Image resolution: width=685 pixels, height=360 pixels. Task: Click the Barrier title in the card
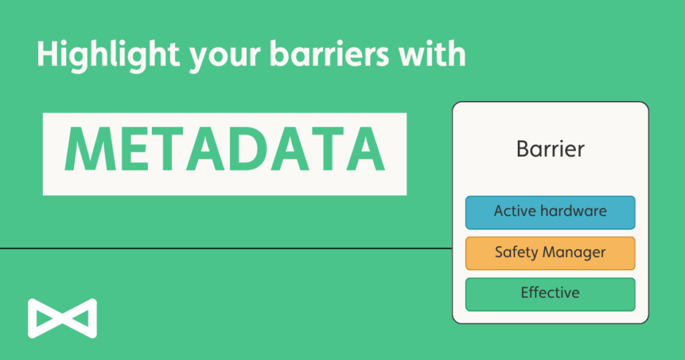point(550,148)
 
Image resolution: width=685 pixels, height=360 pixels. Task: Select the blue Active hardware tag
point(550,212)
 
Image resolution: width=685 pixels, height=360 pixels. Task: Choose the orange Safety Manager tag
point(550,253)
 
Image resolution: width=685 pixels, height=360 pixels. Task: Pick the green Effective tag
point(550,294)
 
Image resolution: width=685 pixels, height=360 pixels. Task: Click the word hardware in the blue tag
point(573,211)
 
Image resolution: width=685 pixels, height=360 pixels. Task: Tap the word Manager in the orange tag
point(574,253)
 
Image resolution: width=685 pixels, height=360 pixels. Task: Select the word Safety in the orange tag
point(516,253)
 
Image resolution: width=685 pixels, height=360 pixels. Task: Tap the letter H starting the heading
point(45,54)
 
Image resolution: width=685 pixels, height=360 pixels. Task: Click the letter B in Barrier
point(522,148)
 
